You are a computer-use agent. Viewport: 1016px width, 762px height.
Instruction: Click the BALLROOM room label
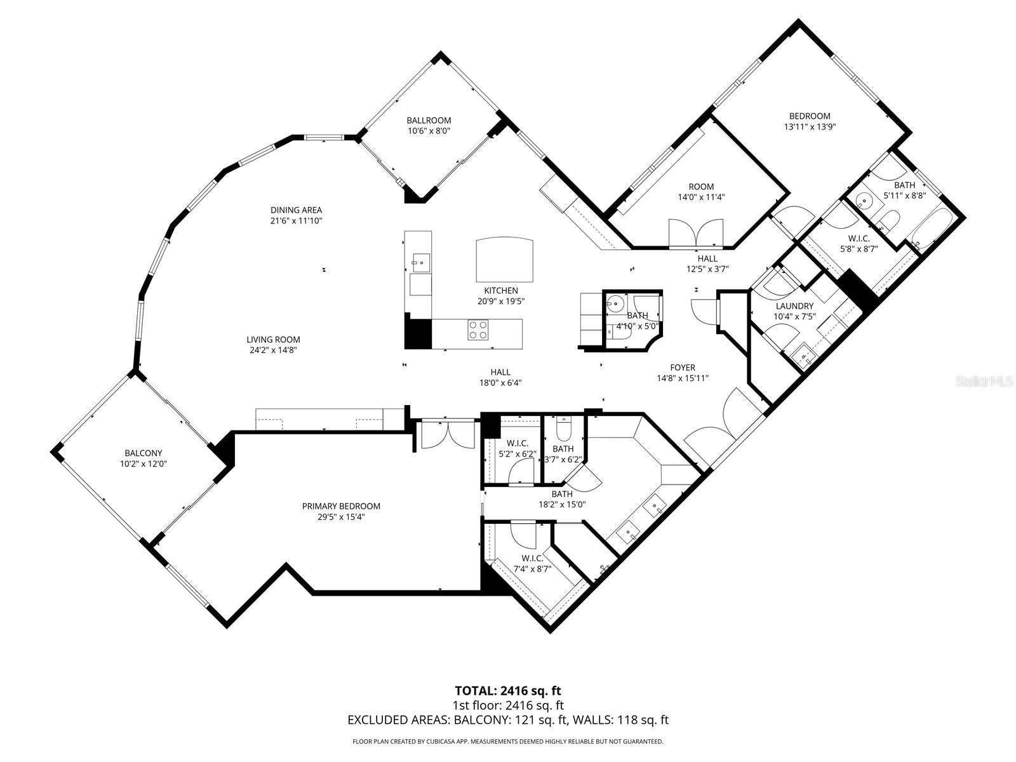[429, 120]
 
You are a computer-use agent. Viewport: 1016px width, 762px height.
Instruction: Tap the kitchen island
[505, 260]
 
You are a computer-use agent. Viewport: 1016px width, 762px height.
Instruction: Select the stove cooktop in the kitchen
[478, 330]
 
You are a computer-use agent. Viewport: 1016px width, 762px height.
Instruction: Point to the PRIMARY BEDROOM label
[341, 506]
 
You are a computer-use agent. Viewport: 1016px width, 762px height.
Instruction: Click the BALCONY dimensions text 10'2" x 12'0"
[143, 464]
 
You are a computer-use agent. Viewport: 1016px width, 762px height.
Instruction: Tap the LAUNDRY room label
[794, 305]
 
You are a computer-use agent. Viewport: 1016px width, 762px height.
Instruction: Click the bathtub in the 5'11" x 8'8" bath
[932, 231]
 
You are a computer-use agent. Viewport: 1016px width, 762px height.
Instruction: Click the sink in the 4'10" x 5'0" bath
[615, 303]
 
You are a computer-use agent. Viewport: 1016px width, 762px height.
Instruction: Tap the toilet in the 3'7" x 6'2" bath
[563, 430]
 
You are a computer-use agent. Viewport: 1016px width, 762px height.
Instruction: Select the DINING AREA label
[296, 210]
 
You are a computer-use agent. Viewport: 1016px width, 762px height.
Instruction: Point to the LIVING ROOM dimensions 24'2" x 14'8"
[273, 350]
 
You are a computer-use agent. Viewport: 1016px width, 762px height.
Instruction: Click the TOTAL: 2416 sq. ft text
[508, 690]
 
